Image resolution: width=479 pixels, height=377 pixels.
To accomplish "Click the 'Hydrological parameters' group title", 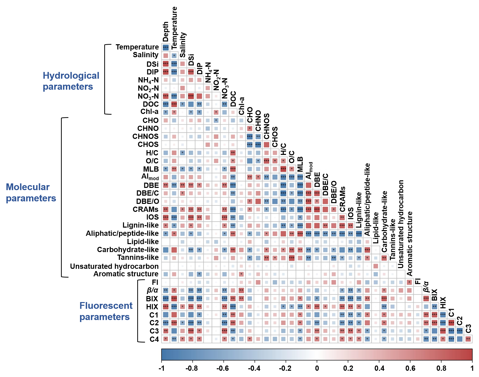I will click(x=71, y=81).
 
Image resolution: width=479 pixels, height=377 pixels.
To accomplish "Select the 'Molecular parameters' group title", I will click(x=31, y=192).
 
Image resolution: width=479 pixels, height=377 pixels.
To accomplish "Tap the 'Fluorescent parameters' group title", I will click(x=106, y=311).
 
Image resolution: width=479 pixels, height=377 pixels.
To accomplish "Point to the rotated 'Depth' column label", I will click(x=165, y=31).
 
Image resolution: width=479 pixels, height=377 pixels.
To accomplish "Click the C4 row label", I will click(x=154, y=339).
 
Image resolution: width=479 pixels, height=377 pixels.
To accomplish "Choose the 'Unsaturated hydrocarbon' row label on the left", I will click(x=114, y=266).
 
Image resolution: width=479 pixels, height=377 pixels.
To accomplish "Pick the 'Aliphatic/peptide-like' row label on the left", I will click(x=122, y=233).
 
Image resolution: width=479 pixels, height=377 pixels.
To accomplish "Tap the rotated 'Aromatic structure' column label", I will click(x=409, y=244).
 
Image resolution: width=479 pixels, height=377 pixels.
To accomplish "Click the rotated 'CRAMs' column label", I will click(x=342, y=199).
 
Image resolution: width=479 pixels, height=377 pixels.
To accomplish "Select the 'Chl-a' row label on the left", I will click(x=149, y=112).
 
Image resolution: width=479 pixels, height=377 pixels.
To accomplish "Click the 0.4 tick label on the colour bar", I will click(x=379, y=368).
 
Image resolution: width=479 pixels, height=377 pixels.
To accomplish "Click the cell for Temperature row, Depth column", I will click(x=165, y=47).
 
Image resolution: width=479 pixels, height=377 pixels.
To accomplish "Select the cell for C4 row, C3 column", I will click(x=468, y=339).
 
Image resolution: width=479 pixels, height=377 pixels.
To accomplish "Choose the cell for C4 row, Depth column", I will click(x=165, y=339).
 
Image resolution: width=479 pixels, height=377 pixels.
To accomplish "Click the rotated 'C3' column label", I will click(x=468, y=329).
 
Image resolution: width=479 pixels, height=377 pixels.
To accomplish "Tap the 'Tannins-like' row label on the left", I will click(x=138, y=257).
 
